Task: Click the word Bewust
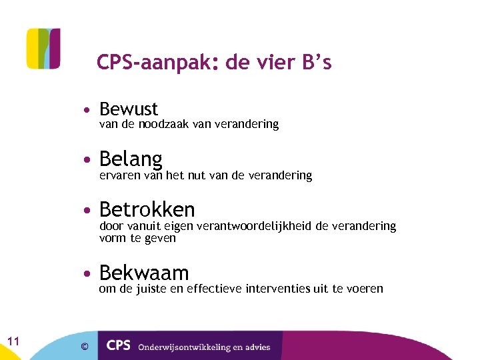click(129, 109)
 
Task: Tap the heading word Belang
click(131, 159)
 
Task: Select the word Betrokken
click(147, 210)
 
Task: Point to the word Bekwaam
click(144, 273)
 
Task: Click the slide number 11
click(13, 341)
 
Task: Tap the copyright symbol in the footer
click(84, 346)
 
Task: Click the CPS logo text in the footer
click(119, 345)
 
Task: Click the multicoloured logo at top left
click(43, 48)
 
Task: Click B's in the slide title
click(316, 63)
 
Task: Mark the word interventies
click(277, 289)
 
